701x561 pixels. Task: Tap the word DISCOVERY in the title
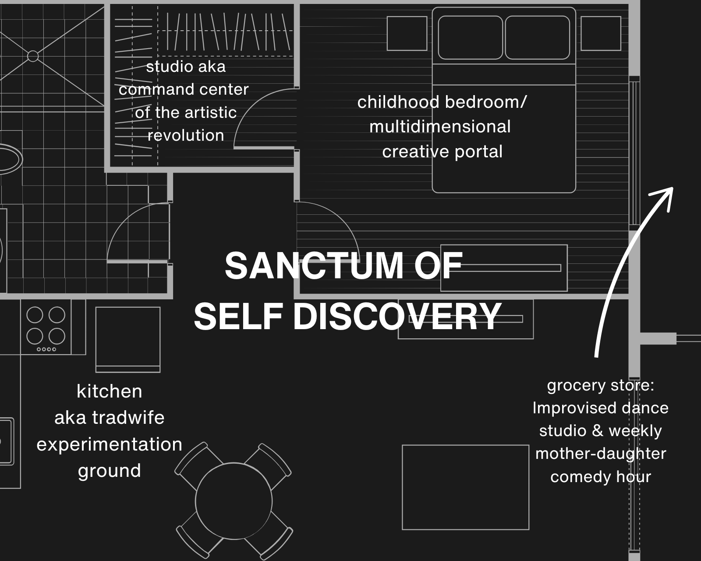[397, 316]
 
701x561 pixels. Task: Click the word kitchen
[110, 391]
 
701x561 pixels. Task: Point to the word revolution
[186, 135]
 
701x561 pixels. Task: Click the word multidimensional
[440, 127]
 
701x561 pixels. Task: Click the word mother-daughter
[601, 454]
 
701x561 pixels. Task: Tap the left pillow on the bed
[470, 37]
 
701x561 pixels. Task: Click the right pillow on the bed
[538, 37]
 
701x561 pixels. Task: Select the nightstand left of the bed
[407, 33]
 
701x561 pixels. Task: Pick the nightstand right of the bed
[601, 33]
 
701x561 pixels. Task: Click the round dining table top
[234, 501]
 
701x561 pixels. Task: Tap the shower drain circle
[33, 56]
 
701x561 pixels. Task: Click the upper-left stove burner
[35, 315]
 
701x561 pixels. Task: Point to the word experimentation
[110, 444]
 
